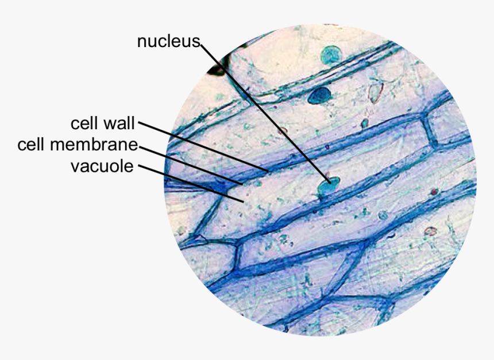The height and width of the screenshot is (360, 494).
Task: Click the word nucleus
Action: [x=168, y=41]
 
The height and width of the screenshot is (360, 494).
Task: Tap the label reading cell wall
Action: [x=102, y=123]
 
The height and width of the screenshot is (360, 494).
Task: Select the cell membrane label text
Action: [x=78, y=145]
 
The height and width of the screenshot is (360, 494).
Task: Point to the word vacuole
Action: [x=102, y=167]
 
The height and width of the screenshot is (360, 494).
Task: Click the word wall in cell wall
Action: [x=119, y=123]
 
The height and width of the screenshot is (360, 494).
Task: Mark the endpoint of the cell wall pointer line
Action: [x=268, y=171]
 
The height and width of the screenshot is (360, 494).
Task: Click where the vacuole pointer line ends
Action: [x=244, y=202]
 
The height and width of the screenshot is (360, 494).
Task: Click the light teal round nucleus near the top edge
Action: [x=330, y=56]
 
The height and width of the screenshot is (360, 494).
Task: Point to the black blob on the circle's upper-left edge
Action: [x=217, y=70]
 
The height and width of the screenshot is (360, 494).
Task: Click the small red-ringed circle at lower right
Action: [x=430, y=231]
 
